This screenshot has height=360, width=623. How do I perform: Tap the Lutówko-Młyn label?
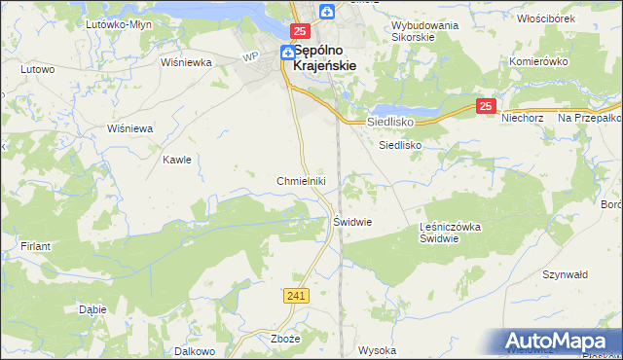120,23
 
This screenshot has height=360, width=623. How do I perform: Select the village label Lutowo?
37,70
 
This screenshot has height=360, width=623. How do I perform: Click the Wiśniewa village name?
130,128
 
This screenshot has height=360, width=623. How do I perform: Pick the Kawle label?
176,160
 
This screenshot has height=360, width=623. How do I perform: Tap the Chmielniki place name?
307,181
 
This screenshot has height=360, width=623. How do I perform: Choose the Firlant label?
35,247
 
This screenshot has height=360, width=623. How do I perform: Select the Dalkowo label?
194,350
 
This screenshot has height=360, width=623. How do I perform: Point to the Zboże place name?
283,340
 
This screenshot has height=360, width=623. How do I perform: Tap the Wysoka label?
377,350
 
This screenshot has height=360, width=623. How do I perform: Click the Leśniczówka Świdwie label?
451,233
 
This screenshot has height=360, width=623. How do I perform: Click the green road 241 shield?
298,295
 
